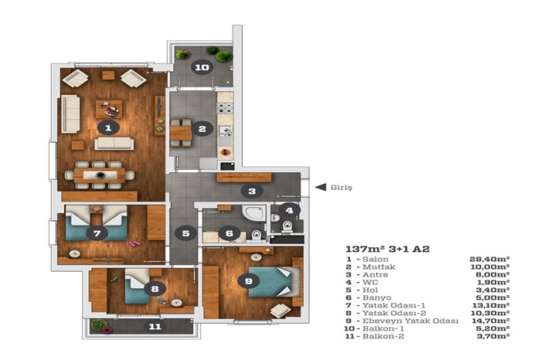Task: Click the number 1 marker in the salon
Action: pos(108,127)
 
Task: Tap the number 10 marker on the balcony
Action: pos(202,67)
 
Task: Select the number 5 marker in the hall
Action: pos(185,233)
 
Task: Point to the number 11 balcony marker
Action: pos(155,326)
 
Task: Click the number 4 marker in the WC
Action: pos(289,210)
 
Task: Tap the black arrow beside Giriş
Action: pos(321,187)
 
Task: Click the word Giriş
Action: pos(342,188)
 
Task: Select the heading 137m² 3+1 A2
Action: pos(387,249)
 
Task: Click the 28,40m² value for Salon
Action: pos(489,260)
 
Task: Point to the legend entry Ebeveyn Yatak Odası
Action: pos(410,321)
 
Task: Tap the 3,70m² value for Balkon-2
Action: pos(493,336)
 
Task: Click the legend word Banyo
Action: pos(377,298)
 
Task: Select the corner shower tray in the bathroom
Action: pos(254,212)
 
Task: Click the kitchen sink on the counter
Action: pos(225,131)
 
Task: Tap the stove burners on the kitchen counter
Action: pos(225,108)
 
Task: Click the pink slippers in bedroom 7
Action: pos(134,243)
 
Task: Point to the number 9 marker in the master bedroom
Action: pos(248,281)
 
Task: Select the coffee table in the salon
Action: pos(109,109)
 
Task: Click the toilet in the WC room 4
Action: pos(287,226)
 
